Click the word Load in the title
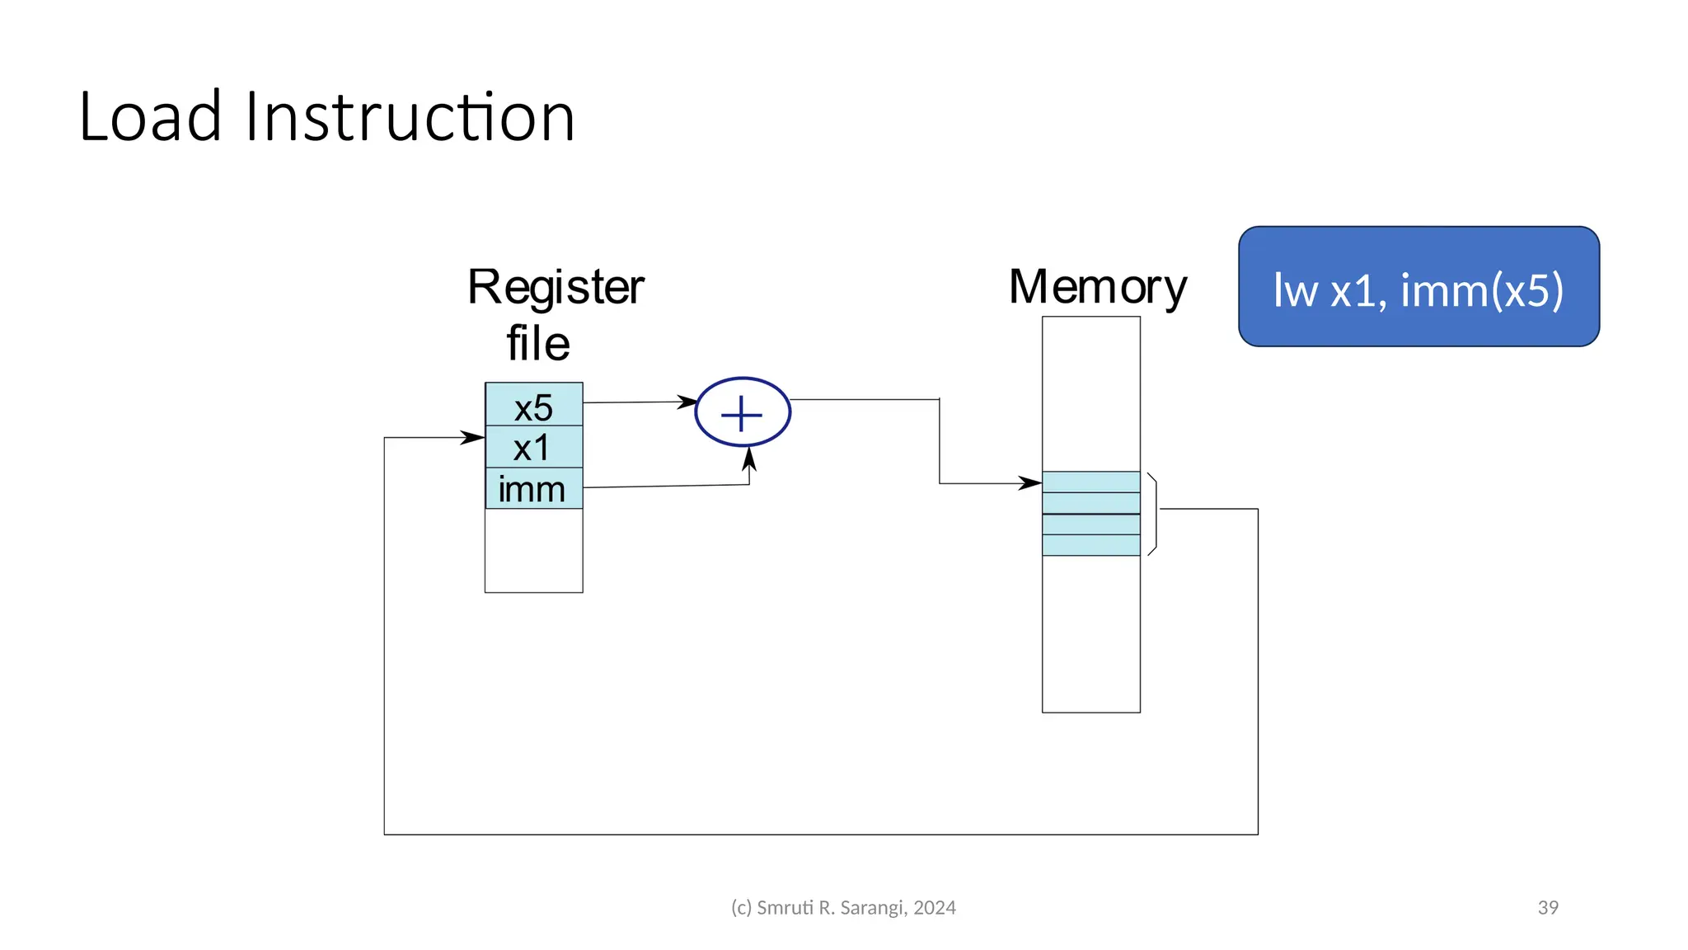click(150, 118)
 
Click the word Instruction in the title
click(410, 118)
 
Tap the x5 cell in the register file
click(533, 407)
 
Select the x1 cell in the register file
click(533, 448)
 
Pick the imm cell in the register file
click(533, 489)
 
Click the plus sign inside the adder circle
click(742, 413)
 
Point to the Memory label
click(1097, 287)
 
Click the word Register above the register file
click(556, 287)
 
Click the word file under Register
click(537, 343)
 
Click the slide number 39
click(1547, 907)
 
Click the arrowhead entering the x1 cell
click(474, 437)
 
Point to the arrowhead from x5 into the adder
click(687, 402)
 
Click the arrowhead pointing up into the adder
click(748, 459)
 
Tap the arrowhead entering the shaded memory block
click(1030, 483)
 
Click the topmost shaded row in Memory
click(1090, 482)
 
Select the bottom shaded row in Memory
click(1090, 545)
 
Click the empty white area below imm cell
click(533, 550)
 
